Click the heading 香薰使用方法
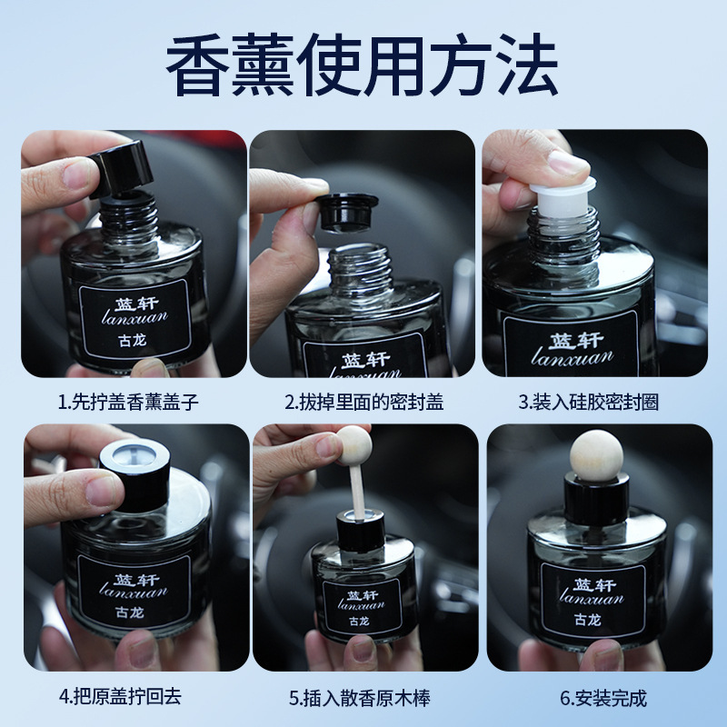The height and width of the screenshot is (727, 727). [x=362, y=64]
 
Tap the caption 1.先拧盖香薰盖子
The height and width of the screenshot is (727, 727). [x=128, y=402]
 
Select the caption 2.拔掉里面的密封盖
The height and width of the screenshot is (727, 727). [x=364, y=402]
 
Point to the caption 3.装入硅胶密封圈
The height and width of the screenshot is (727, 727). [x=588, y=402]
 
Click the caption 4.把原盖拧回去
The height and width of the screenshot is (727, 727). [x=120, y=696]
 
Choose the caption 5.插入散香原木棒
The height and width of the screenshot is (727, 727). [x=360, y=698]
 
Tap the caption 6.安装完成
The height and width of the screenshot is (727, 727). [x=603, y=698]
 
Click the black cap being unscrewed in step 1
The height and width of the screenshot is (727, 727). [x=122, y=168]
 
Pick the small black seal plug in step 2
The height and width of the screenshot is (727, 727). [x=348, y=213]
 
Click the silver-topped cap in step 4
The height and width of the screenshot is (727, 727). [x=134, y=474]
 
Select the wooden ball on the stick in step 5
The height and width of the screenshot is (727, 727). [x=354, y=445]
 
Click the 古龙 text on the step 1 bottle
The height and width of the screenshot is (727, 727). [x=133, y=340]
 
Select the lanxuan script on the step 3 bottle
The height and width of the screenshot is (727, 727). [x=573, y=357]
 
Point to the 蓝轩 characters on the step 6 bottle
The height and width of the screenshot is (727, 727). [x=594, y=584]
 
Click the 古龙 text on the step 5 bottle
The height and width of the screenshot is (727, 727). [x=359, y=621]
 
